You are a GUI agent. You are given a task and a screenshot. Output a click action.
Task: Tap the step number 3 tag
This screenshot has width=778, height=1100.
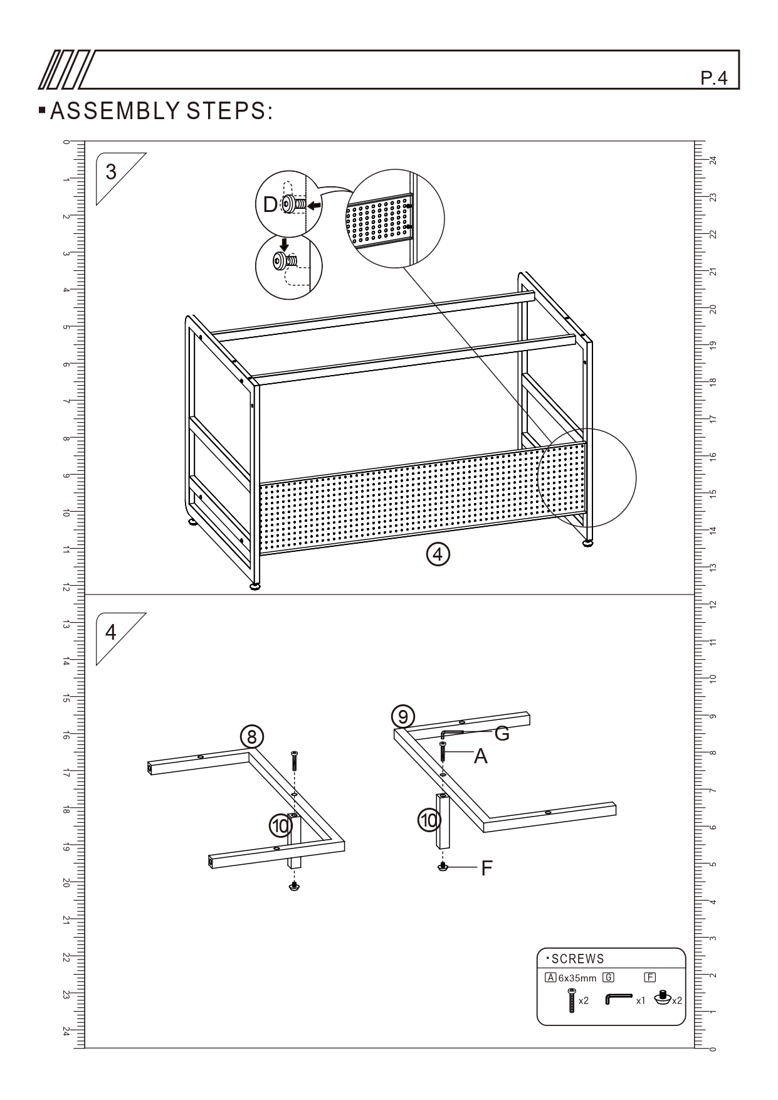pos(112,172)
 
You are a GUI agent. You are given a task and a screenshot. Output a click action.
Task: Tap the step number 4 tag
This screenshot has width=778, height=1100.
pos(111,632)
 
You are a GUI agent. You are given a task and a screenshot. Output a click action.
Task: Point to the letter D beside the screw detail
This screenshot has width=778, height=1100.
pos(270,204)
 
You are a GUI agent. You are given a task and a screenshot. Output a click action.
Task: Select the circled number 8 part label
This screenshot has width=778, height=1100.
pos(252,738)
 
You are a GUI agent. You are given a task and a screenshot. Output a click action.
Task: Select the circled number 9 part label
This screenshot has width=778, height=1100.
pos(403,716)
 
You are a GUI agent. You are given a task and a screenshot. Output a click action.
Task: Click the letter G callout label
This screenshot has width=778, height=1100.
pos(502,733)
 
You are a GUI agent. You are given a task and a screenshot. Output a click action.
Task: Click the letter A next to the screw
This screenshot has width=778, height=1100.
pos(480,757)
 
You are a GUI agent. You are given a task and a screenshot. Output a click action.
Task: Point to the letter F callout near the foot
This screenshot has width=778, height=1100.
pos(486,869)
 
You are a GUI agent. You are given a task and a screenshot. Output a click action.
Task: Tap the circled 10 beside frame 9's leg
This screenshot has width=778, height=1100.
pos(429,820)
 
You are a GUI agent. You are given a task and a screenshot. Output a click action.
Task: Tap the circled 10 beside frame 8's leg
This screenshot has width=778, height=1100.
pos(280,825)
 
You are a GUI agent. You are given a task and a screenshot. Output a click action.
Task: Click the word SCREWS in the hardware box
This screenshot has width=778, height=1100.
pos(578,959)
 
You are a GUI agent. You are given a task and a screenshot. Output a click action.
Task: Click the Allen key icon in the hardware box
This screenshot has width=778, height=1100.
pos(618,998)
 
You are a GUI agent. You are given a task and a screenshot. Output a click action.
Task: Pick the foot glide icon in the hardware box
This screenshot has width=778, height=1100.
pos(663,997)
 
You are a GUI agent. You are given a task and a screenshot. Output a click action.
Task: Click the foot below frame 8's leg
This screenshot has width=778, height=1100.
pos(294,886)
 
